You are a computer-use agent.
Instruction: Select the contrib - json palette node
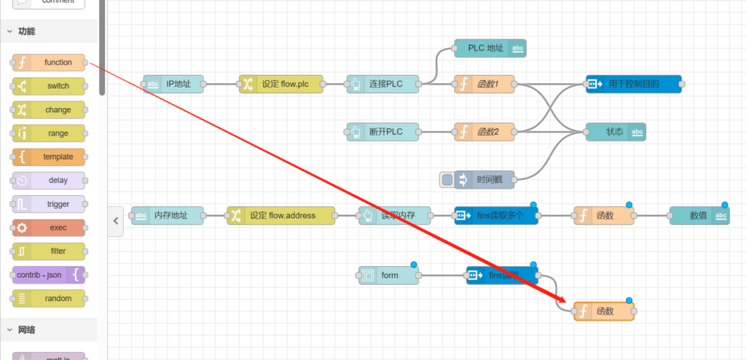48,275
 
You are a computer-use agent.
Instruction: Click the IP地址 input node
173,84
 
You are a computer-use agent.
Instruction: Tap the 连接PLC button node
383,84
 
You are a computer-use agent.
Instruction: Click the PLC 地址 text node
490,48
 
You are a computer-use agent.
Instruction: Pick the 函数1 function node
484,84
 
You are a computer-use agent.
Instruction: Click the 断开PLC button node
383,132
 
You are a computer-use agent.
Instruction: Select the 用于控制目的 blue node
633,84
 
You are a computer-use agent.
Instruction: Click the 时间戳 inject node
484,179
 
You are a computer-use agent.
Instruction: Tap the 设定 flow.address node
281,215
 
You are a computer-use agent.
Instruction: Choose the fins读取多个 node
496,215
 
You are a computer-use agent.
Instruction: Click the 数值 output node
699,215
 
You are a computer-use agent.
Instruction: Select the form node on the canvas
389,275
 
